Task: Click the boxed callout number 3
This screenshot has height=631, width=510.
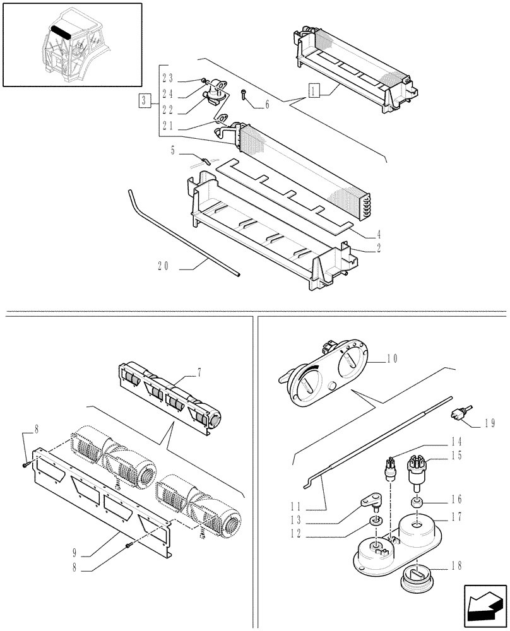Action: pos(145,100)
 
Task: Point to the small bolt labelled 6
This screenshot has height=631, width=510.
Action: pos(245,95)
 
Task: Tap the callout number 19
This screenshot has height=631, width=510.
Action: pos(490,424)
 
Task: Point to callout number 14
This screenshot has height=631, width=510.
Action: pos(457,441)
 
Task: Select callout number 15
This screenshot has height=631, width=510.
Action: pos(457,455)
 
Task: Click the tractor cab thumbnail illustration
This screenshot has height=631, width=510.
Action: pos(72,44)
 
